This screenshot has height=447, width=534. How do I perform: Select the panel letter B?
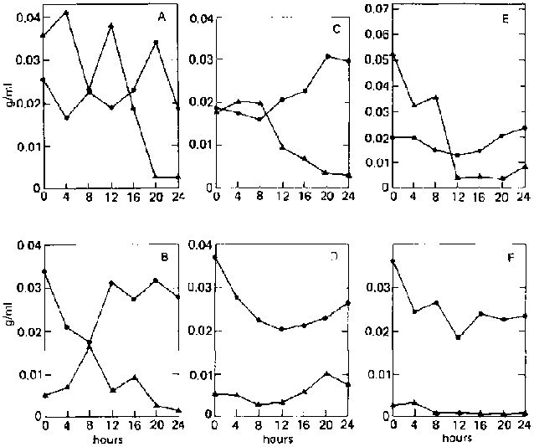tap(164, 257)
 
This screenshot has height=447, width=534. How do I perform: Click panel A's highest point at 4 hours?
tap(65, 13)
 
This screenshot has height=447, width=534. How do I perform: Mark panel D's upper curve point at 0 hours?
tap(215, 257)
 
